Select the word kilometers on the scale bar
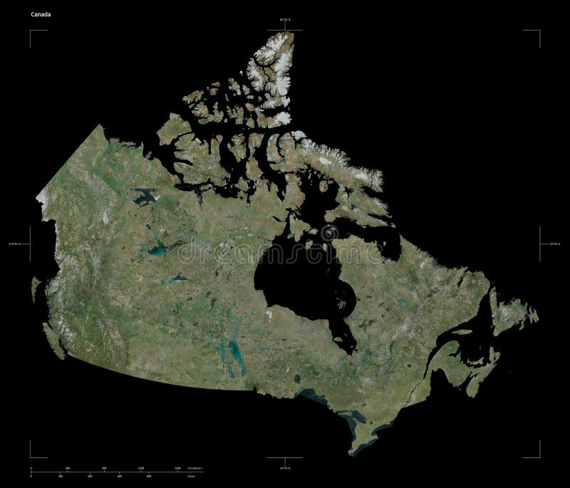point(193,468)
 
